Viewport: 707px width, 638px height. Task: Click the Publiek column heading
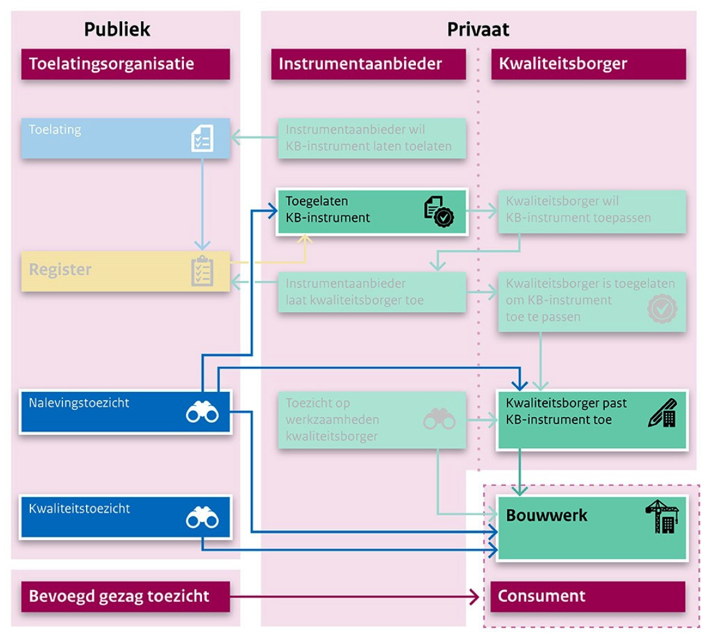point(117,29)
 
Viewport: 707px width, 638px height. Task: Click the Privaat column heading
point(478,29)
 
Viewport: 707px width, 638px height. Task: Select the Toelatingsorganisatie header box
point(125,64)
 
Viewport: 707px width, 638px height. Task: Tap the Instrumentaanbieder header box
point(368,64)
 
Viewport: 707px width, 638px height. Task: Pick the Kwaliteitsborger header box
point(588,64)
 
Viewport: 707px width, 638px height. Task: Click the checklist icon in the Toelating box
point(202,138)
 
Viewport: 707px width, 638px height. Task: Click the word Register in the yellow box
point(60,270)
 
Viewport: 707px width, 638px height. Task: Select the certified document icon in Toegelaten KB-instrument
point(439,211)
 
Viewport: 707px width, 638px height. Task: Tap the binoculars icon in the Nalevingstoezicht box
point(201,412)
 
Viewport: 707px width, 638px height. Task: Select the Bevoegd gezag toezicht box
point(125,596)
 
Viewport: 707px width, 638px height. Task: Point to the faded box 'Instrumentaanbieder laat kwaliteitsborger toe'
point(372,292)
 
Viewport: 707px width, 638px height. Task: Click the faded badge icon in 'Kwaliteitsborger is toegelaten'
point(662,309)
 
